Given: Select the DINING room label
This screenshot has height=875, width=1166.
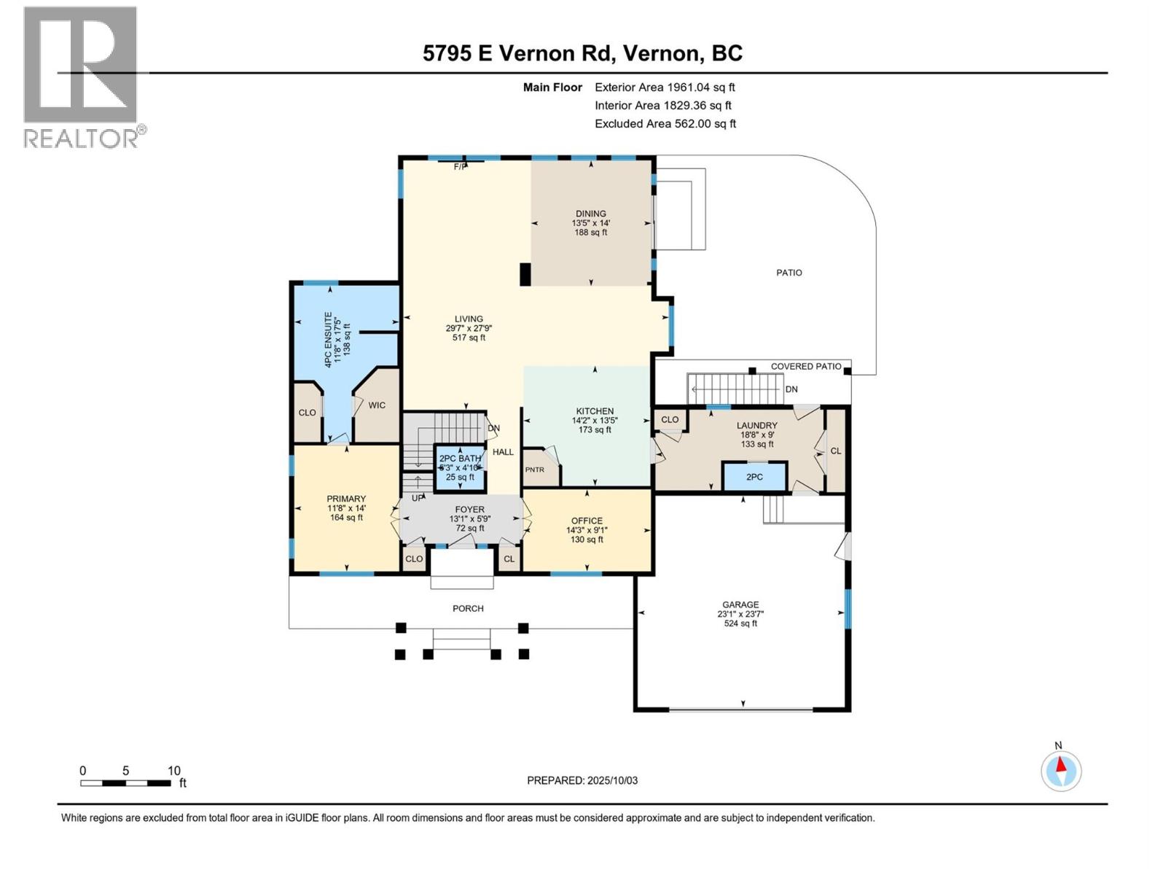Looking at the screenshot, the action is click(591, 214).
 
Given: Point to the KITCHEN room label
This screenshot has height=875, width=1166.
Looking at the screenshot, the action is click(595, 411).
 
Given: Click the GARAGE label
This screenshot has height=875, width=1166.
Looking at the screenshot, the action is click(740, 604).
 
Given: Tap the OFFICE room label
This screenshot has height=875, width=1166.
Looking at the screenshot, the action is click(587, 521).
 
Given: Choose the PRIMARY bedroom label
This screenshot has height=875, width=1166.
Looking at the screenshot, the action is click(346, 499).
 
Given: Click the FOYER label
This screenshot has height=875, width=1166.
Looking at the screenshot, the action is click(469, 510).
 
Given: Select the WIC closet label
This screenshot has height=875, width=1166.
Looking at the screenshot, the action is click(377, 405).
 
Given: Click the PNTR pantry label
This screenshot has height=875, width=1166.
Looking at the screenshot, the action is click(535, 470).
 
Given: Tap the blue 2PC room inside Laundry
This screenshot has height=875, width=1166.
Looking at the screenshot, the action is click(754, 477).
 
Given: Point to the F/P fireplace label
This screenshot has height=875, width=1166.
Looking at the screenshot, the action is click(460, 167).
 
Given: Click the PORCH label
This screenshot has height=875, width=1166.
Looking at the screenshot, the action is click(468, 608).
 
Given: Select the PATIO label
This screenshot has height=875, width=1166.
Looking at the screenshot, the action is click(789, 273).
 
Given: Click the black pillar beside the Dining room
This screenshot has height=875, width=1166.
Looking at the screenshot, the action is click(525, 275).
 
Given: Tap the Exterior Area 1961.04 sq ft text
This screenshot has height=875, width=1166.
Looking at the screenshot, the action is click(665, 87).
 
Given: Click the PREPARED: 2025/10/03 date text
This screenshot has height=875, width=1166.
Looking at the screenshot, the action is click(582, 780).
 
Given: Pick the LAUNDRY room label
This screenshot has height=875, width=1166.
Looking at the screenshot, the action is click(757, 426).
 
